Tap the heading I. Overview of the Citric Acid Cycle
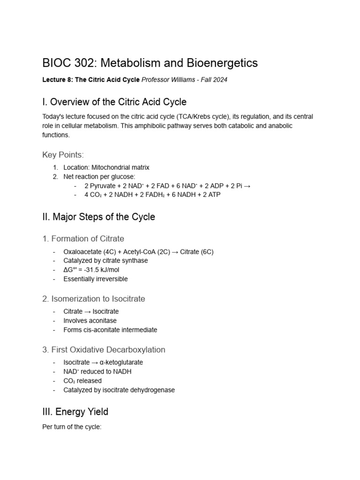tap(114, 102)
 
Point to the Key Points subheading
tap(63, 155)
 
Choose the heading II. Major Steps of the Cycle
tap(98, 217)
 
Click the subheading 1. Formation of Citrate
tap(83, 239)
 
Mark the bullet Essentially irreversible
tap(96, 279)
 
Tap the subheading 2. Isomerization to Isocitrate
tap(93, 299)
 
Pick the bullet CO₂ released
tap(82, 381)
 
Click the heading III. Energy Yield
tap(75, 412)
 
